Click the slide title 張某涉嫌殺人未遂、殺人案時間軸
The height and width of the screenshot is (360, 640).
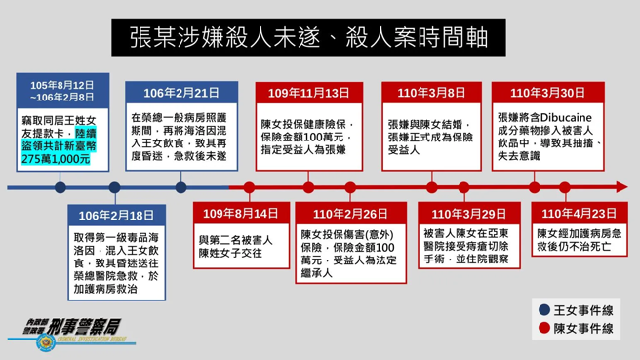coord(319,39)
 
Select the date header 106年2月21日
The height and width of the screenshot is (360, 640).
coord(180,93)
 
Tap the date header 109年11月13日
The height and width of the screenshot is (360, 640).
coord(310,93)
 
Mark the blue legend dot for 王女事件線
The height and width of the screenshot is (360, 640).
coord(544,309)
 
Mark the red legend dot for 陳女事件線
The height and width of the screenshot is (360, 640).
coord(544,329)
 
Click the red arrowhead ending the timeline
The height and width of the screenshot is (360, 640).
coord(623,187)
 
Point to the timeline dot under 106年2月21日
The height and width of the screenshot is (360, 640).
coord(180,187)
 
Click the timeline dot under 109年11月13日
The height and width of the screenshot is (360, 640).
coord(310,187)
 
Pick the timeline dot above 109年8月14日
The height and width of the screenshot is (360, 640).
coord(249,187)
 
